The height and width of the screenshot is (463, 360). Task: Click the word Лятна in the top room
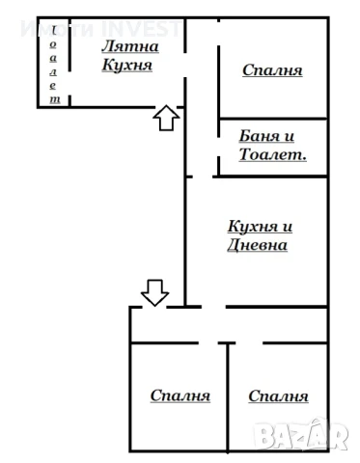(130, 45)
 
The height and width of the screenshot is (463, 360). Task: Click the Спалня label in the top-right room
(272, 69)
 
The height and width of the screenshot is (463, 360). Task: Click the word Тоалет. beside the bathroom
(273, 153)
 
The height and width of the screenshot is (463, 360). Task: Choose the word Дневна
(256, 244)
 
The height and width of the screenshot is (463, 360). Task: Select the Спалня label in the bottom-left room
(180, 395)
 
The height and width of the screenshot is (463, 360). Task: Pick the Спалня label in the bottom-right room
(278, 395)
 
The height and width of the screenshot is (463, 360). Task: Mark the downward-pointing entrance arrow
(154, 289)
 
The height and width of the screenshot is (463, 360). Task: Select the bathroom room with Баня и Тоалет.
(273, 147)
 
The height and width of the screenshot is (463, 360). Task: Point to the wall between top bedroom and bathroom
(273, 119)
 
